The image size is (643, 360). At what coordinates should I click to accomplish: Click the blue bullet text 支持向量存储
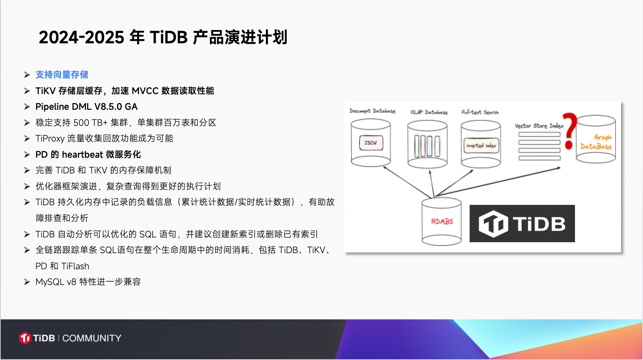click(62, 75)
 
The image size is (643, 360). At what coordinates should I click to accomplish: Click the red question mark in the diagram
click(569, 131)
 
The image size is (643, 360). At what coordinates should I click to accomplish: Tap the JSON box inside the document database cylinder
click(371, 143)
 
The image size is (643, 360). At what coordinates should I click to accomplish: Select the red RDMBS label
click(442, 221)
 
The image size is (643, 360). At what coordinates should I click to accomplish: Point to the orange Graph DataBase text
click(596, 142)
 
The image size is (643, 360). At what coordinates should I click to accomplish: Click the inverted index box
click(481, 145)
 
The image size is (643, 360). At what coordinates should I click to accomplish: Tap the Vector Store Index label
click(539, 126)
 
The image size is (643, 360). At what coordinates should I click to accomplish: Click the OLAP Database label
click(429, 112)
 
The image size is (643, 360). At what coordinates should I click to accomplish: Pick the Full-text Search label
click(480, 112)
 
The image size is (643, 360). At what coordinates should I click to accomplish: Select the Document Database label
click(372, 111)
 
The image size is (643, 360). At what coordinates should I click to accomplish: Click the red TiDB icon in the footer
click(25, 338)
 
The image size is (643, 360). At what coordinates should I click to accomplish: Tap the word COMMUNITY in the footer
click(92, 338)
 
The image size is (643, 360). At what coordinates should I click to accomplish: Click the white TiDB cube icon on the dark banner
click(493, 224)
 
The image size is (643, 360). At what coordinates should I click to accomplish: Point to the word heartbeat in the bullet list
click(82, 154)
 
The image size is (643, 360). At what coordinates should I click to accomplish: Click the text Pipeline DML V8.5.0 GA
click(86, 106)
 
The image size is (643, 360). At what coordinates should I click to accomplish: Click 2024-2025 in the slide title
click(82, 37)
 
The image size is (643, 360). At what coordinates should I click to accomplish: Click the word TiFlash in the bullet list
click(75, 266)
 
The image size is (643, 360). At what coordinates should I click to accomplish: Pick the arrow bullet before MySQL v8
click(27, 282)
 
